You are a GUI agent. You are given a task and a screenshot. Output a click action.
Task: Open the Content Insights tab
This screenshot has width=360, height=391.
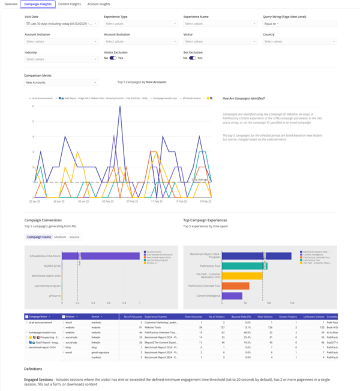tap(69, 4)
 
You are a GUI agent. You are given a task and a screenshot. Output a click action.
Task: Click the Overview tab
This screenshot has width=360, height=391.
tap(11, 4)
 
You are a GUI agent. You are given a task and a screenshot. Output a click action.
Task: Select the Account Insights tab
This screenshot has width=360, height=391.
tap(98, 4)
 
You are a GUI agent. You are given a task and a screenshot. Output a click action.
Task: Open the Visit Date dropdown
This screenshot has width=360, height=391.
tap(61, 23)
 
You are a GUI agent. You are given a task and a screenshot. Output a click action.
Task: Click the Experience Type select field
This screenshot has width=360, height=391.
tap(140, 23)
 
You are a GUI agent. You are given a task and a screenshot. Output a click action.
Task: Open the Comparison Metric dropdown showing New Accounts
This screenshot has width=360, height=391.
tap(61, 82)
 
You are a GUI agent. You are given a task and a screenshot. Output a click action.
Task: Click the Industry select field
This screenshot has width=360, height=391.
tap(61, 59)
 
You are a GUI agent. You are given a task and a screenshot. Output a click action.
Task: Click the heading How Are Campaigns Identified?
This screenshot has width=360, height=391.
tap(244, 98)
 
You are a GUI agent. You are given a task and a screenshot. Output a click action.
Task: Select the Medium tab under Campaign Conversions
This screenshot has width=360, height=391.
tap(60, 237)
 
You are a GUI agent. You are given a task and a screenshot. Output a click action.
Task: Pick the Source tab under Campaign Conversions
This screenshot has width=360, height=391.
tap(74, 237)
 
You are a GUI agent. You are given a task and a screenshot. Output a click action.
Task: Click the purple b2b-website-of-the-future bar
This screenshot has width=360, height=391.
tap(101, 256)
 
